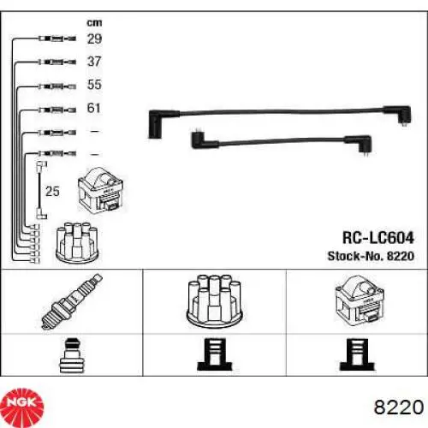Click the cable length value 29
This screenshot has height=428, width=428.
[x=94, y=39]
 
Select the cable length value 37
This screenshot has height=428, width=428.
[x=94, y=62]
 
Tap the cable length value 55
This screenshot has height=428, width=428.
[x=94, y=85]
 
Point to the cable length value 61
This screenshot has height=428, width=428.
[x=94, y=108]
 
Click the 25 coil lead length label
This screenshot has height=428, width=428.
[x=52, y=191]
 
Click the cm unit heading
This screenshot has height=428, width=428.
[x=94, y=23]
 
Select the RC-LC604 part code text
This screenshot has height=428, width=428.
[x=378, y=238]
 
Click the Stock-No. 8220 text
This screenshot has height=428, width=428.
[x=371, y=256]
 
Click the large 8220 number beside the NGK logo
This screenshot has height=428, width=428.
[x=399, y=407]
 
